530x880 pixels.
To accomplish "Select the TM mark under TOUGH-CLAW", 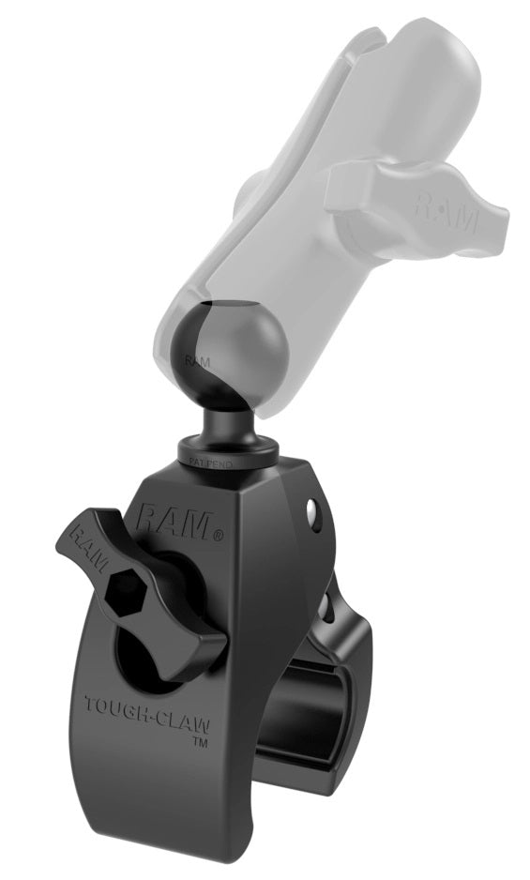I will click(199, 741).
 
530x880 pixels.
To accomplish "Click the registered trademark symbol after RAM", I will click(218, 536).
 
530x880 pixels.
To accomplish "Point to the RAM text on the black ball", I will click(196, 359).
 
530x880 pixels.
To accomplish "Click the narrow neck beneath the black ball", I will click(221, 427).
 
